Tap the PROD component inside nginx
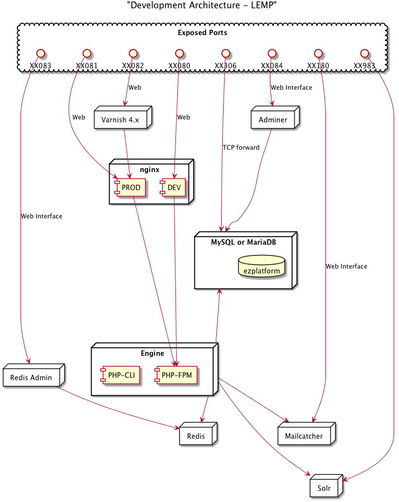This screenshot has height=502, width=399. point(130,187)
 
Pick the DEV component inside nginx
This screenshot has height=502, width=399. point(173,187)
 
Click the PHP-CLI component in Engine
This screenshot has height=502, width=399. point(120,375)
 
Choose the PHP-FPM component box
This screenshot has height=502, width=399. point(176,375)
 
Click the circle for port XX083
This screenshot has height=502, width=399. point(40,53)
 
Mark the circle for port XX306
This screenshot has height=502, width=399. point(226,53)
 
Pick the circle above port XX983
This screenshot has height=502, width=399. point(364,53)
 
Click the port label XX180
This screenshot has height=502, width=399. point(318,66)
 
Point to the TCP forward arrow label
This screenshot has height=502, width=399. point(241,147)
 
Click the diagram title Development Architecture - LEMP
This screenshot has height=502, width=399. point(202,5)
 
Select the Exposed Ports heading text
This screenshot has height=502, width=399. point(203,33)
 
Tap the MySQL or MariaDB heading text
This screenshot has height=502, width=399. point(244,242)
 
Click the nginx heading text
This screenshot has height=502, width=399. point(150,170)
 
